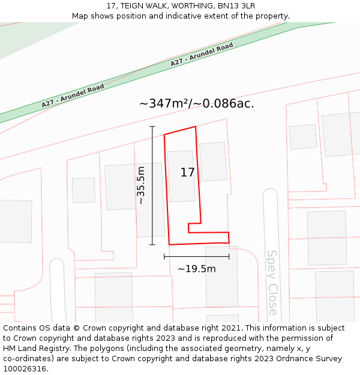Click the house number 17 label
tap(187, 173)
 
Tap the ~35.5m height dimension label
tap(141, 185)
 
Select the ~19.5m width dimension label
tap(196, 269)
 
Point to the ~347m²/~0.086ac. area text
tap(196, 103)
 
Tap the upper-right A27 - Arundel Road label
tap(202, 55)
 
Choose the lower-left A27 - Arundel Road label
tap(73, 96)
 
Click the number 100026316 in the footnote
tap(25, 368)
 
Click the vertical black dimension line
tap(152, 185)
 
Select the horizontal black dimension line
tap(196, 256)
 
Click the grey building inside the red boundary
tap(181, 176)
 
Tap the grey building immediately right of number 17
tap(213, 161)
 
